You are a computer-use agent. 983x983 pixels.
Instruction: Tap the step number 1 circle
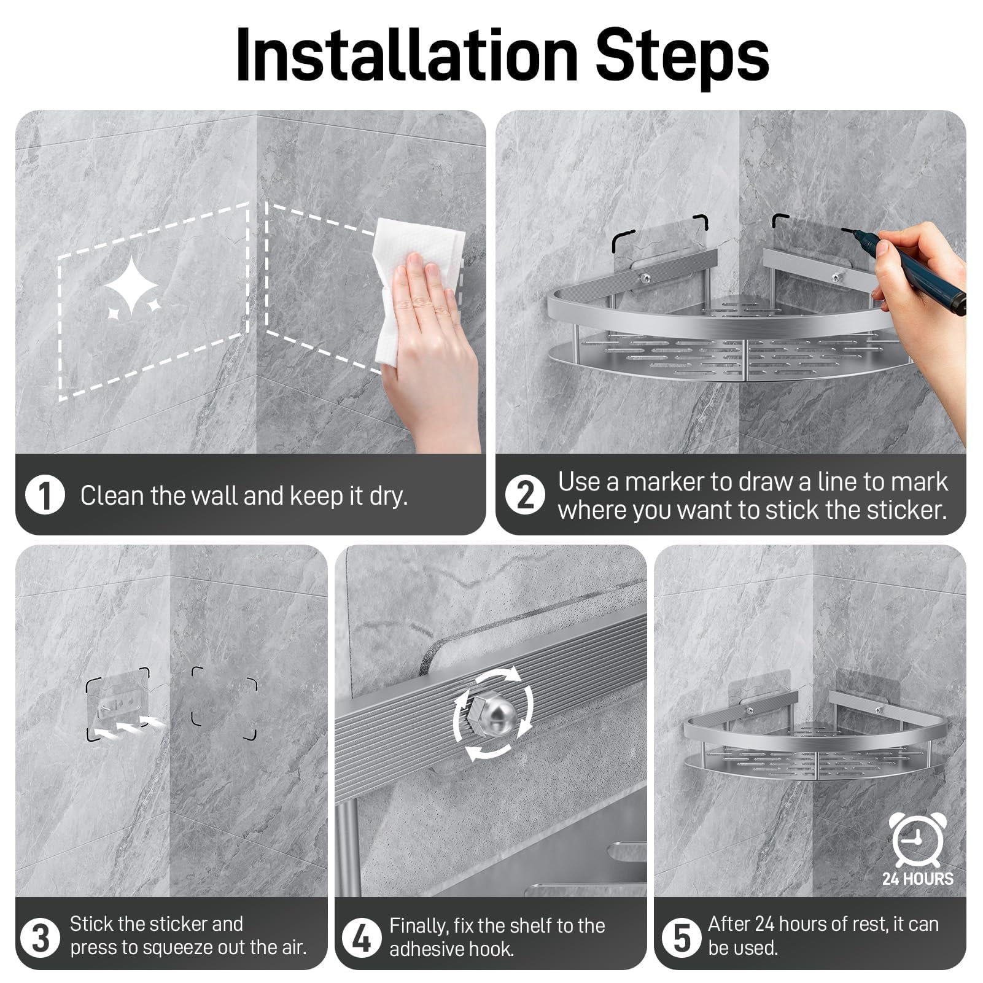[x=45, y=495]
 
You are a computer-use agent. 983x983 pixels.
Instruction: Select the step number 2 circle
[x=525, y=495]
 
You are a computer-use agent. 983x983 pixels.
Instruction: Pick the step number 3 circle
[x=40, y=938]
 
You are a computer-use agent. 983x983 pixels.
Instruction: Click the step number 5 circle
[x=681, y=938]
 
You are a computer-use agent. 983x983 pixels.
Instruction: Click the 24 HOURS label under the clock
[x=918, y=879]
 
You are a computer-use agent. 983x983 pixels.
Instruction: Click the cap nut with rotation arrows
[x=494, y=714]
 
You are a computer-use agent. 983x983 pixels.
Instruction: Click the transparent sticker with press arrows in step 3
[x=118, y=704]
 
